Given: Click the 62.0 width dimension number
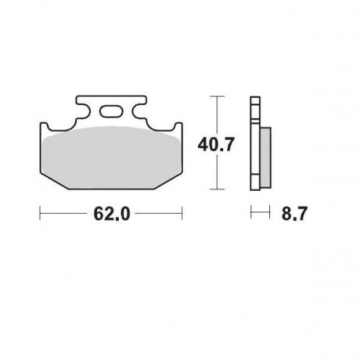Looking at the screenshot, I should point(112,214).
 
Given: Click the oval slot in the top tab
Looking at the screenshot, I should point(112,112).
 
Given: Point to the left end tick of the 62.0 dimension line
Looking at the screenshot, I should point(40,214).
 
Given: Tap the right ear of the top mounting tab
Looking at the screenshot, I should point(140,108).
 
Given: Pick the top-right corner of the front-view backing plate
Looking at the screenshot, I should point(181,123).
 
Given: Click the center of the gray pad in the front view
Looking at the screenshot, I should point(112,157).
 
